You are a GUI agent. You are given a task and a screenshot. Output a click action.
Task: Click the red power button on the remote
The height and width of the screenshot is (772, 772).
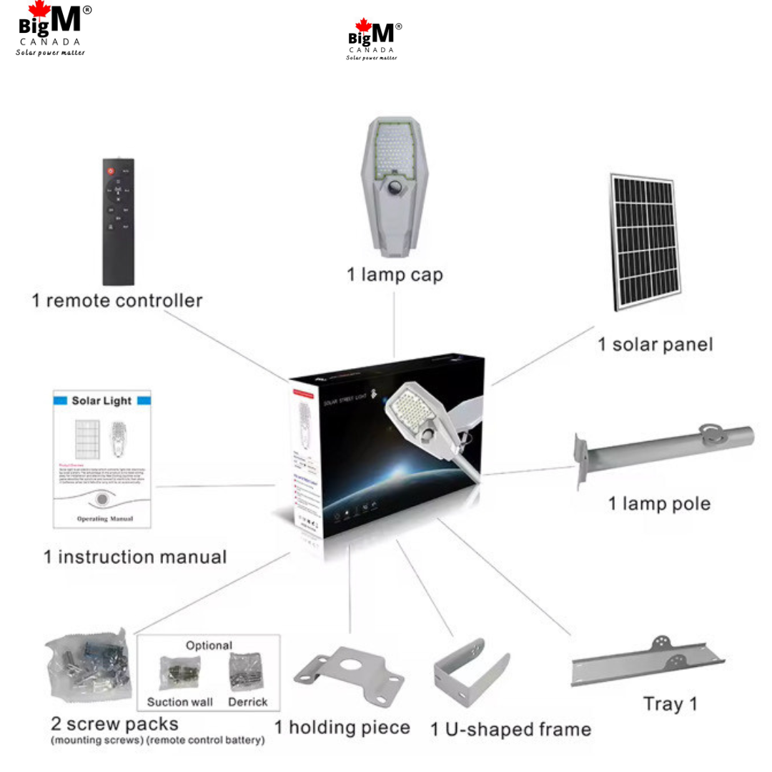[111, 171]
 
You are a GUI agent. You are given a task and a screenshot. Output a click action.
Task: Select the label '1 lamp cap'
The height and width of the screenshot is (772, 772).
[395, 274]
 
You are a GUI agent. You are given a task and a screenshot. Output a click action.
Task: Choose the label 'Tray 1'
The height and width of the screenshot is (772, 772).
[670, 703]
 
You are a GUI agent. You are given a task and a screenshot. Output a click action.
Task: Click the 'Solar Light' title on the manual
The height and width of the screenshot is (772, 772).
[102, 401]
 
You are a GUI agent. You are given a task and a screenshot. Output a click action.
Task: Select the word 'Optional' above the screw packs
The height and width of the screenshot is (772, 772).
[209, 645]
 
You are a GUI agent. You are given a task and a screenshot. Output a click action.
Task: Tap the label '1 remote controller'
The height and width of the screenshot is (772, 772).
[117, 300]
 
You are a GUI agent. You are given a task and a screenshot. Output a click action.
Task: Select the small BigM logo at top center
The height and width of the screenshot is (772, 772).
[373, 39]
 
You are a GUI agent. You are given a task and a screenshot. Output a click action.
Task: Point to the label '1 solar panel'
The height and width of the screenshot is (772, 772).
[655, 345]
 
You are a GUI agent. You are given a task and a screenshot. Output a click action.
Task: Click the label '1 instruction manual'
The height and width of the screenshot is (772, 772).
[135, 556]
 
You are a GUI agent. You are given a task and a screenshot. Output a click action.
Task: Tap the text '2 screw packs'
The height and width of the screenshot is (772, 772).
[114, 723]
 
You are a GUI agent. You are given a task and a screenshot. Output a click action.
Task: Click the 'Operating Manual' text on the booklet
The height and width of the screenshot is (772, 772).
[104, 518]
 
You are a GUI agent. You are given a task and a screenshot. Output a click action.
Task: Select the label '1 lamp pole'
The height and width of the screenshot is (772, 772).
[659, 504]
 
